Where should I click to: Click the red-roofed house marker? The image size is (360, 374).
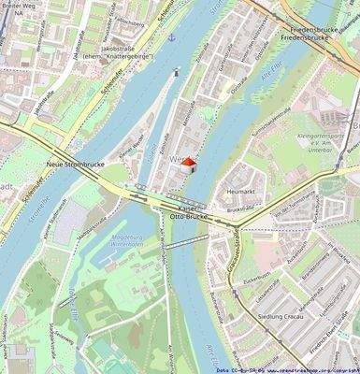tap(187, 165)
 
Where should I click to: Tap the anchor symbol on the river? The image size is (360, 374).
tap(171, 37)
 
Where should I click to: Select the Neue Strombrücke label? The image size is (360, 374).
tap(73, 164)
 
